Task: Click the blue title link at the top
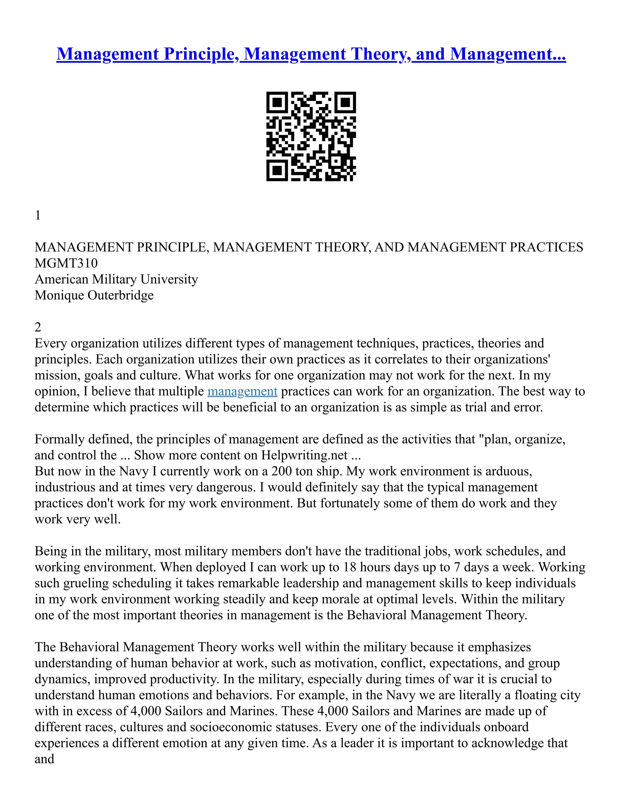[311, 54]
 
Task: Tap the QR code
[311, 136]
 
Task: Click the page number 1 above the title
[38, 215]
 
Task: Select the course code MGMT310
[66, 263]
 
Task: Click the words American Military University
[116, 279]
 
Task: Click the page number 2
[38, 327]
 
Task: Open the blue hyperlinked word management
[242, 391]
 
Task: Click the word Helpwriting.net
[304, 455]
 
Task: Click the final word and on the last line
[44, 759]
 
